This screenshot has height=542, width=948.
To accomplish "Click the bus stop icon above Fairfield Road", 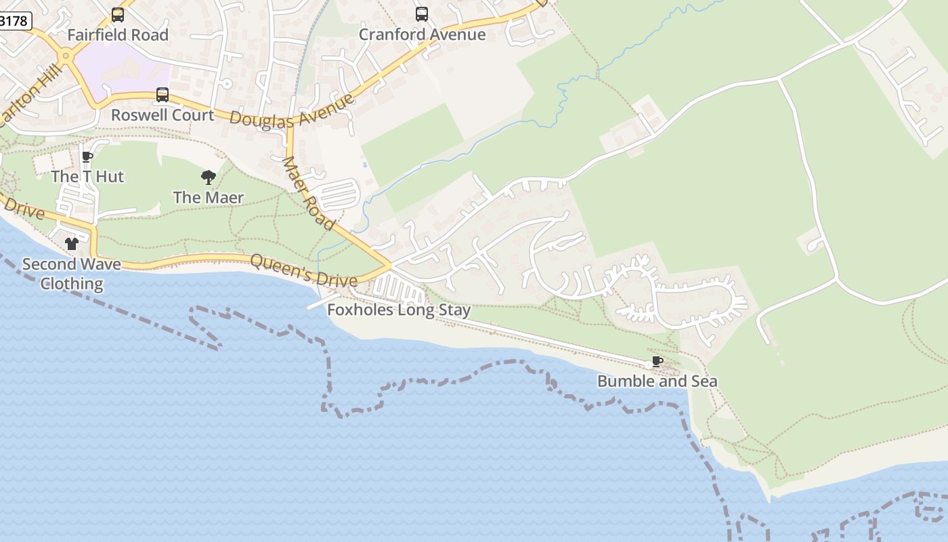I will [x=118, y=14].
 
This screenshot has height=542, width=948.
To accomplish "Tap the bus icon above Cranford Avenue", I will [x=422, y=14].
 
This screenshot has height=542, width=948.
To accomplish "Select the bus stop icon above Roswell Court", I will [x=163, y=95].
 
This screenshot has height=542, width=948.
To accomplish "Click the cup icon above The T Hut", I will [x=87, y=157].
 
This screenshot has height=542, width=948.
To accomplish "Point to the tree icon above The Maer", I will [x=209, y=178].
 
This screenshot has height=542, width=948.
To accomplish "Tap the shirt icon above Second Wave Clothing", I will [x=72, y=244].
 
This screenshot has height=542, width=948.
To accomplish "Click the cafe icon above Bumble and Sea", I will [x=657, y=361].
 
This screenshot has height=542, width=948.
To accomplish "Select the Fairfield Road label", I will [x=118, y=35].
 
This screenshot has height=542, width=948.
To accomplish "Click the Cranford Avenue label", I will [x=422, y=35].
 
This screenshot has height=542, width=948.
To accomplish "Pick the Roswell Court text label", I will [x=163, y=115].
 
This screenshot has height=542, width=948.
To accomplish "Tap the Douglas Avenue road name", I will [x=292, y=110].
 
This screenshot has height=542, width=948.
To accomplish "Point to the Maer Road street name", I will [x=308, y=193].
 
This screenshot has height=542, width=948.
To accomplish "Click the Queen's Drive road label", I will [x=303, y=270].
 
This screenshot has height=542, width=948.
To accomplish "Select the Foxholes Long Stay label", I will [x=399, y=310].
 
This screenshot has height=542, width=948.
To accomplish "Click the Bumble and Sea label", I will [x=657, y=381].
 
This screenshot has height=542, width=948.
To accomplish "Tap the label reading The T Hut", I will [x=87, y=177].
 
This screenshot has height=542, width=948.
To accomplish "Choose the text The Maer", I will [x=209, y=198].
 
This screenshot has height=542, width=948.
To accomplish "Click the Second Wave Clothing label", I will [x=72, y=274].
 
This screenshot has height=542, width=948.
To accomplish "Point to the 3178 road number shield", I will [x=14, y=21].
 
